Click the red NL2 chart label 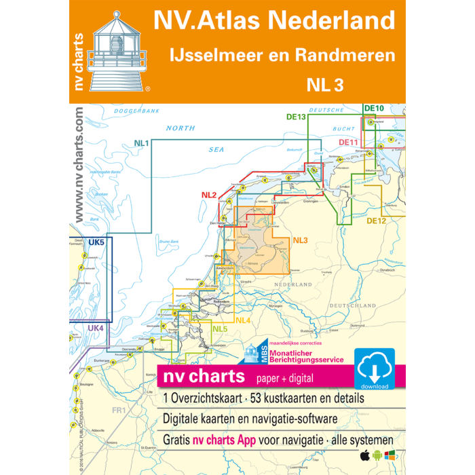pos(208,195)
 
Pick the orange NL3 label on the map pos(300,241)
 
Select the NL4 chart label pos(244,320)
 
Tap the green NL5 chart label pos(219,330)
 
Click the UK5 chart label pos(96,242)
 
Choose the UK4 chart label pos(95,328)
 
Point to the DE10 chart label pos(374,108)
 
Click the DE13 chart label pos(315,117)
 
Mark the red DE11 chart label pos(349,142)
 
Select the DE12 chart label pos(376,221)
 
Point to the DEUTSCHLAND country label pos(353,306)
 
